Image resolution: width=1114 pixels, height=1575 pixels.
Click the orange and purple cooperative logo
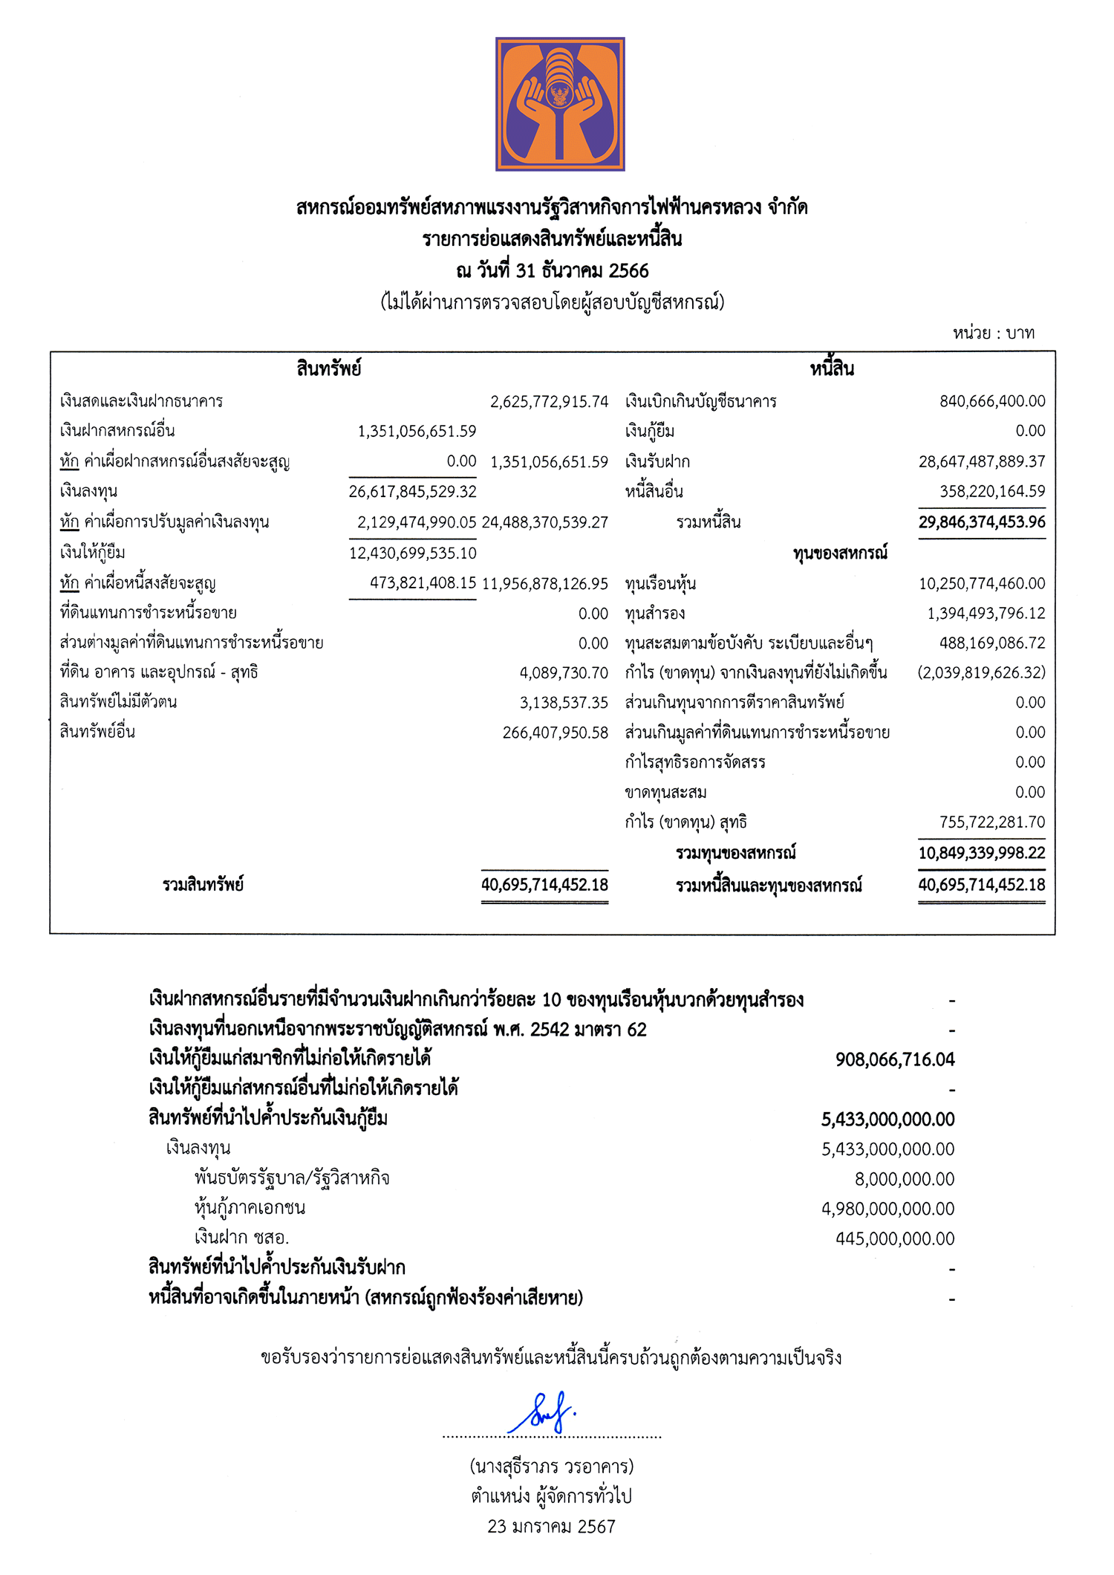[x=560, y=104]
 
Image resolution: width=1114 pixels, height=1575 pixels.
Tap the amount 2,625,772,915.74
[x=549, y=402]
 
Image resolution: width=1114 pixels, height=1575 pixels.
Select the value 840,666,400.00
[x=992, y=401]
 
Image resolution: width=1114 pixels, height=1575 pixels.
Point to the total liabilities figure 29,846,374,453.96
[x=981, y=522]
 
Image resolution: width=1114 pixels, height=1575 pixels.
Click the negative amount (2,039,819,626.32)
[x=981, y=672]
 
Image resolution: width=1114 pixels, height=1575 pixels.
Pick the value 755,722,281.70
[x=991, y=822]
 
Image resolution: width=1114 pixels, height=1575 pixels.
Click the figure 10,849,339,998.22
[x=981, y=853]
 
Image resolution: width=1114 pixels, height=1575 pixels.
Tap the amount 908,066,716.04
[x=894, y=1059]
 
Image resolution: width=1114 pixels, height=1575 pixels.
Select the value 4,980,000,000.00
[x=887, y=1209]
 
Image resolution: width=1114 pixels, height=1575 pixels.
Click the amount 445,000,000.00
[x=894, y=1238]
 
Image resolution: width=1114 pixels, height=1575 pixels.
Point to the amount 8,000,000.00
[x=904, y=1179]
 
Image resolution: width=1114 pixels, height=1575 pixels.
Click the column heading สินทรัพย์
[x=328, y=368]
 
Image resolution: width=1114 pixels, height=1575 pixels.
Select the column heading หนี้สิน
[x=832, y=368]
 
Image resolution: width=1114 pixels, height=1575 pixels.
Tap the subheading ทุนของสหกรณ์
[x=839, y=553]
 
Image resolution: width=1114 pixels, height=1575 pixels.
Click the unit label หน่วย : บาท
[x=993, y=333]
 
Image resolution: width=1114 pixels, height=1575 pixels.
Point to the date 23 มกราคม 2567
[x=551, y=1527]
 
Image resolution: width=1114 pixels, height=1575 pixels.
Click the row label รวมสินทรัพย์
[x=203, y=885]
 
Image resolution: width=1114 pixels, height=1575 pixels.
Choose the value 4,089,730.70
[x=564, y=673]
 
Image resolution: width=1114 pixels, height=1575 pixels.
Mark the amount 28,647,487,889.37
[x=981, y=462]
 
